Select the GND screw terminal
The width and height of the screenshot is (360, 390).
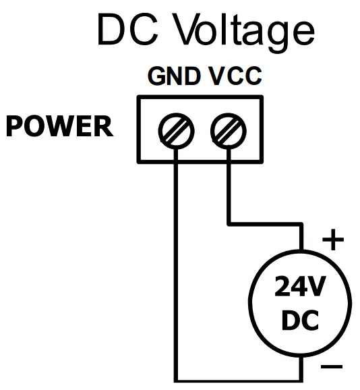(176, 129)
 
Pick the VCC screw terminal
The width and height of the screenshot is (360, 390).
(229, 129)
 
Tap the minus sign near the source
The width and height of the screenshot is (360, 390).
(332, 367)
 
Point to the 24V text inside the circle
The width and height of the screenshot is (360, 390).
(300, 288)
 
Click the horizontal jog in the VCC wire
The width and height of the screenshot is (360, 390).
(264, 223)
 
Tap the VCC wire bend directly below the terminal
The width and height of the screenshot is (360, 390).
(229, 223)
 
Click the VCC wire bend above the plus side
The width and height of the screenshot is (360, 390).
(300, 223)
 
